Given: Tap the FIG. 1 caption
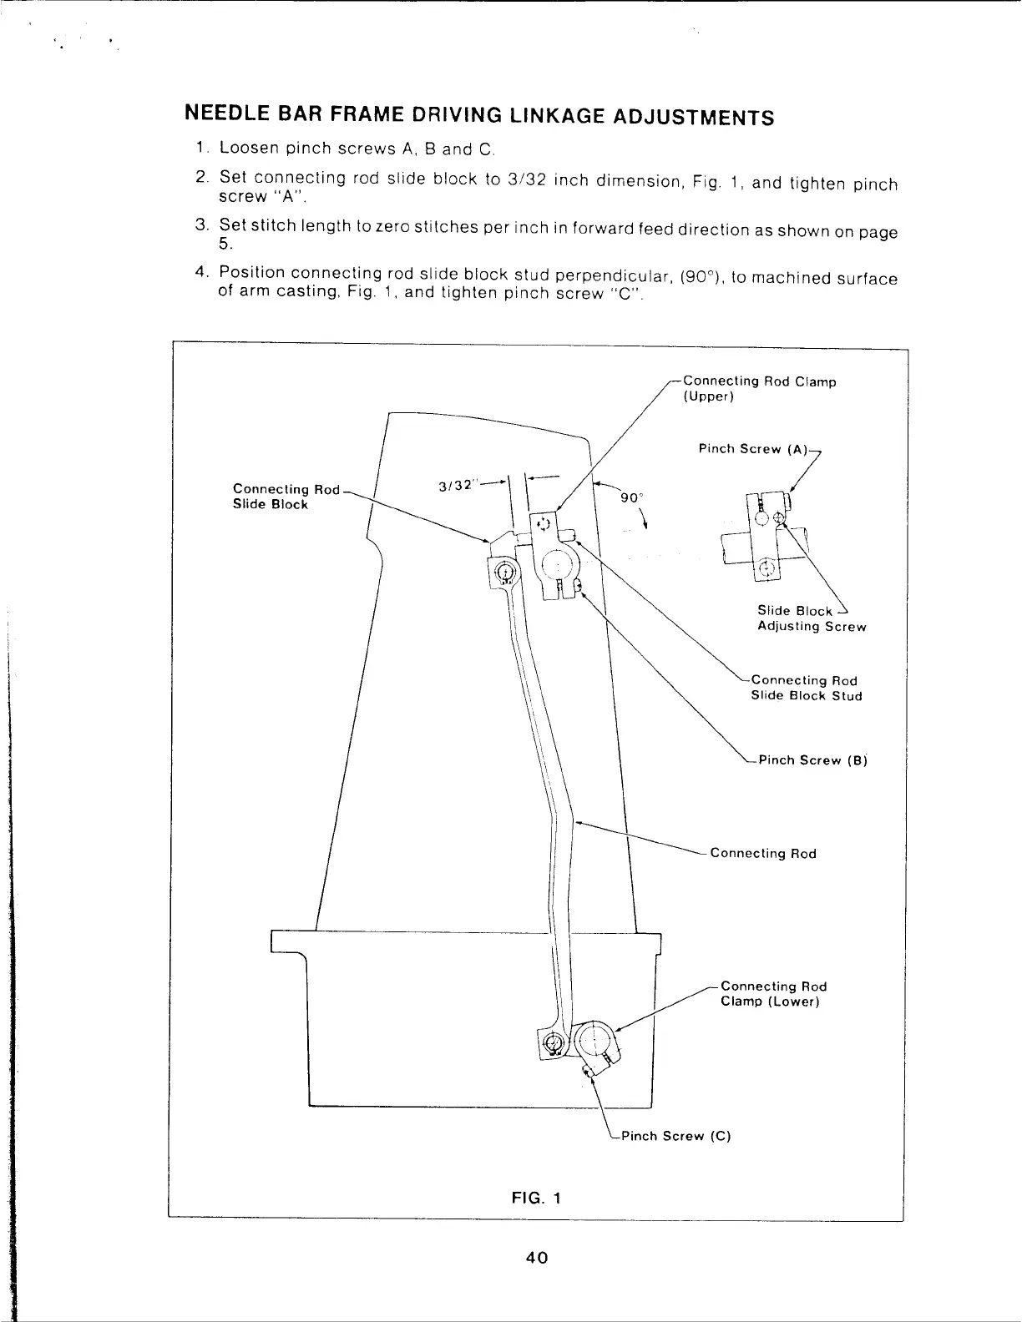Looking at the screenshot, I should pyautogui.click(x=535, y=1198).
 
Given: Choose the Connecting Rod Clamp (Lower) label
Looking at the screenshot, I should pyautogui.click(x=772, y=994).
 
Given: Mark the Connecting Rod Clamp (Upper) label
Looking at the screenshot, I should pyautogui.click(x=759, y=389).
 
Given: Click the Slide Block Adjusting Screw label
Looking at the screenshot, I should pyautogui.click(x=811, y=618).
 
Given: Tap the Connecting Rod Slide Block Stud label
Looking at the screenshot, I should pyautogui.click(x=806, y=689).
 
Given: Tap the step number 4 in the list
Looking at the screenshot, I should pyautogui.click(x=200, y=272).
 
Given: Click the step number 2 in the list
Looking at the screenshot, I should pyautogui.click(x=200, y=178).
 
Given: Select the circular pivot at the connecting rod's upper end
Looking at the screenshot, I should pyautogui.click(x=504, y=571).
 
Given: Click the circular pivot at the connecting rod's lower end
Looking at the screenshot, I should pyautogui.click(x=551, y=1042).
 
